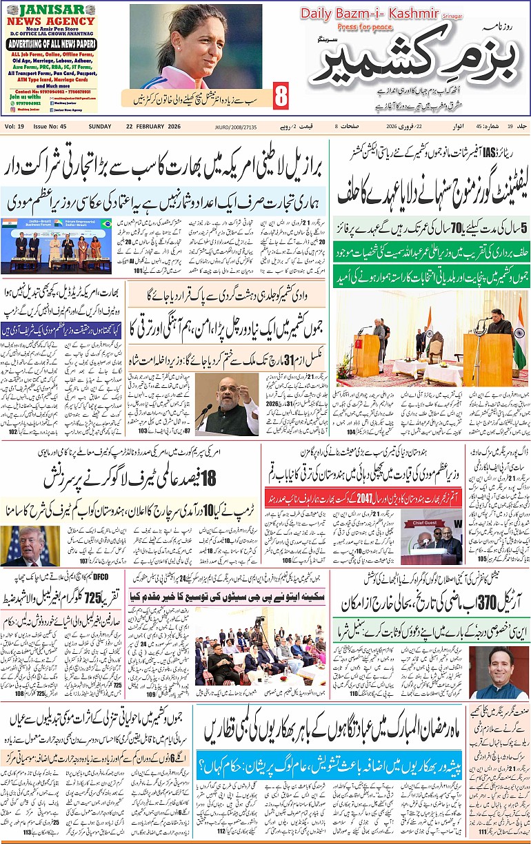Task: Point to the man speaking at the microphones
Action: click(x=227, y=403)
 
